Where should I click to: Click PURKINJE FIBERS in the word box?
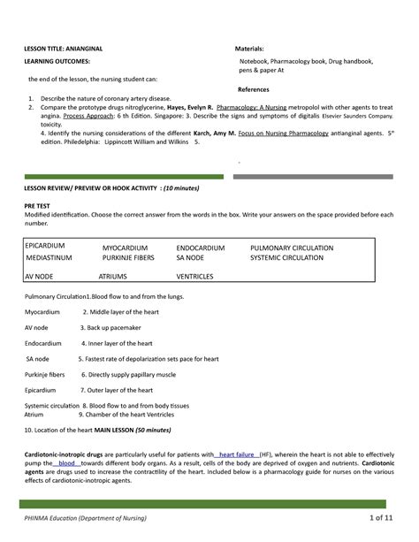(x=128, y=258)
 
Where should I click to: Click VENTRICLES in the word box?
(x=195, y=277)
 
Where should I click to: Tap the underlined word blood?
(x=67, y=461)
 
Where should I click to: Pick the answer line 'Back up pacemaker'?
(x=115, y=326)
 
